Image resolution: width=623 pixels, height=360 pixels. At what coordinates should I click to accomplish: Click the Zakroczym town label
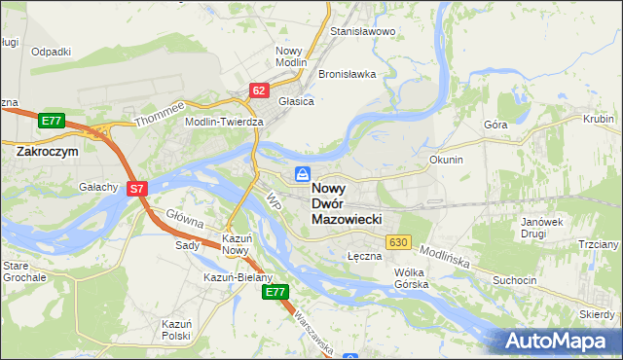click(x=47, y=152)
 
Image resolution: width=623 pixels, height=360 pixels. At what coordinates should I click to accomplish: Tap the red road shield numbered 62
click(x=258, y=90)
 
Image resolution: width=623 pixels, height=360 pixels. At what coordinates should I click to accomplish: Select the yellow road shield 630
click(x=396, y=241)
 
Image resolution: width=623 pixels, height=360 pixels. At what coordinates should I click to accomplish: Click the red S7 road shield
click(x=137, y=190)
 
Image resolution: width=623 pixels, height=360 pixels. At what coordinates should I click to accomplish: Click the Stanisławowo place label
click(x=362, y=32)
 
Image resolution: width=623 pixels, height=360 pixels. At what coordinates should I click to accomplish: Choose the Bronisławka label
click(x=347, y=75)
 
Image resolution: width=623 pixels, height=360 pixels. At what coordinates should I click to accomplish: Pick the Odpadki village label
click(x=51, y=52)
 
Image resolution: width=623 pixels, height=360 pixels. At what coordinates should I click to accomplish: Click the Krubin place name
click(x=598, y=119)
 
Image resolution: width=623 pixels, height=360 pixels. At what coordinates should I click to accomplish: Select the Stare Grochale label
click(x=23, y=270)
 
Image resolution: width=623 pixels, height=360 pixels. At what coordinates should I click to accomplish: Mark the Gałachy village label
click(x=98, y=187)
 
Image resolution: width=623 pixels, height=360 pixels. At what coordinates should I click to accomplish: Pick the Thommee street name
click(x=159, y=117)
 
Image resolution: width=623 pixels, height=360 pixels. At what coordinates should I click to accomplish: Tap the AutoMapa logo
click(x=561, y=341)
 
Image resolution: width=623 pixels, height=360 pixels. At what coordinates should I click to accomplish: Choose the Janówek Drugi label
click(x=542, y=228)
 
